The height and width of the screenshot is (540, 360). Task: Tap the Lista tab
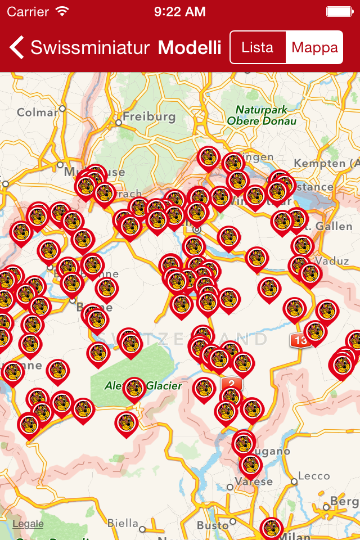(x=258, y=47)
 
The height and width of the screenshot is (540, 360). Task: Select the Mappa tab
(x=314, y=47)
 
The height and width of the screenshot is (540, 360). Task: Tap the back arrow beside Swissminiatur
(x=17, y=47)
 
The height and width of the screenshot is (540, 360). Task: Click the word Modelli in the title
(x=190, y=47)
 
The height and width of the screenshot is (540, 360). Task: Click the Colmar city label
(x=37, y=112)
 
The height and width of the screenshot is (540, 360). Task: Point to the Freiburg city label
(x=149, y=117)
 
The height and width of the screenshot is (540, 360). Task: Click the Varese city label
(x=254, y=481)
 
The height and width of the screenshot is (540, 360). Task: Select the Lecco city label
(x=314, y=476)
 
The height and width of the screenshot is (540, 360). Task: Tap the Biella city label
(x=123, y=524)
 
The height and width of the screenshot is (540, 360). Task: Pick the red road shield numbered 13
(x=299, y=340)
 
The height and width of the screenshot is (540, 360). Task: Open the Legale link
(x=28, y=524)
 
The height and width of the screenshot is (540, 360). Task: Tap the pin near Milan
(x=272, y=527)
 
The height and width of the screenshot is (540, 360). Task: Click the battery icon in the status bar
(x=339, y=11)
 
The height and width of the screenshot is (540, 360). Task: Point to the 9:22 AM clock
(x=179, y=11)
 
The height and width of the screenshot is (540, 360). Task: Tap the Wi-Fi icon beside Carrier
(x=62, y=11)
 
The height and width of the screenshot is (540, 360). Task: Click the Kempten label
(x=326, y=163)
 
